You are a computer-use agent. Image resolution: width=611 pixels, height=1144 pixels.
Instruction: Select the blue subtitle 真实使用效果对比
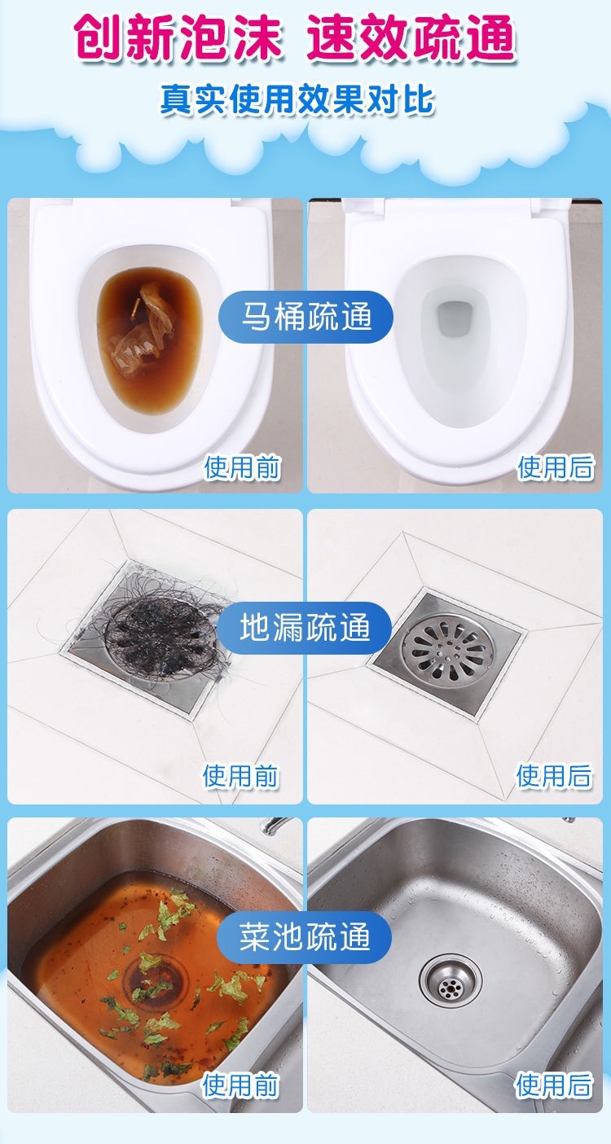tap(297, 99)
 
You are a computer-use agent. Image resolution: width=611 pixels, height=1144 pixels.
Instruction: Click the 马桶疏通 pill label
tap(306, 317)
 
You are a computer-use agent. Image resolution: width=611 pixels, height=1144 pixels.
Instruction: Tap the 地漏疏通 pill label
tap(305, 628)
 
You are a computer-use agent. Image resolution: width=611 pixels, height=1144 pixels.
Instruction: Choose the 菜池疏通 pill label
tap(305, 937)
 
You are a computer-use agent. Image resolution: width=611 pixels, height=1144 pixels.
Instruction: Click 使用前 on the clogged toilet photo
tap(243, 467)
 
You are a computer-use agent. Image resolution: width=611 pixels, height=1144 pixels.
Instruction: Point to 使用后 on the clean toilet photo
tap(556, 467)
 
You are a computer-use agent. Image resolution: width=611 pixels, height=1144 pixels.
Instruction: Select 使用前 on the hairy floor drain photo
tap(240, 776)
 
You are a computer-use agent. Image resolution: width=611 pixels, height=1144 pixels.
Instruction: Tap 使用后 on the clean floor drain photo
tap(554, 776)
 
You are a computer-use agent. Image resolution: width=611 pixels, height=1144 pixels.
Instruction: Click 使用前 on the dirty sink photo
tap(240, 1085)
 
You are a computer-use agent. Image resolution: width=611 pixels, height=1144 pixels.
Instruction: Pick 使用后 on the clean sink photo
tap(554, 1085)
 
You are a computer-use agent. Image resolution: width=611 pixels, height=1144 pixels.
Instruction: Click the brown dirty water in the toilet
tap(148, 348)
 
